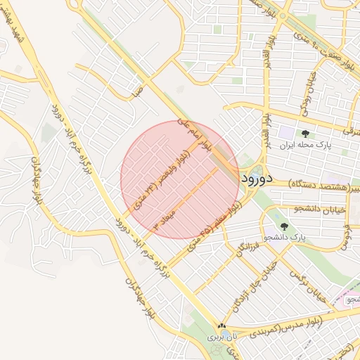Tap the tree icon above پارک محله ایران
click(x=305, y=134)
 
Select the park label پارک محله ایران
click(x=305, y=146)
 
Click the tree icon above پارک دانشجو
click(x=284, y=226)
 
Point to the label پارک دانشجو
click(x=286, y=238)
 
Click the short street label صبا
click(x=136, y=91)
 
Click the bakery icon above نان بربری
click(x=222, y=326)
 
